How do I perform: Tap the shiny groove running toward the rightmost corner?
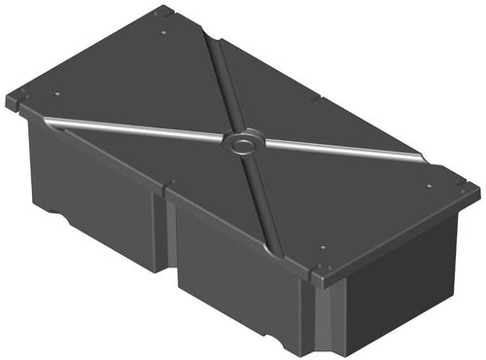pyautogui.click(x=350, y=150)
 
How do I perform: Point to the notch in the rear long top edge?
pyautogui.click(x=316, y=97)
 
